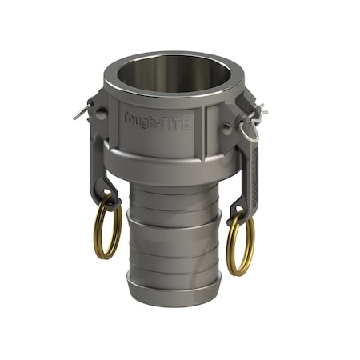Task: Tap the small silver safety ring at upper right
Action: coord(250,127)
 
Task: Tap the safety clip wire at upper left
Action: coord(82,110)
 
